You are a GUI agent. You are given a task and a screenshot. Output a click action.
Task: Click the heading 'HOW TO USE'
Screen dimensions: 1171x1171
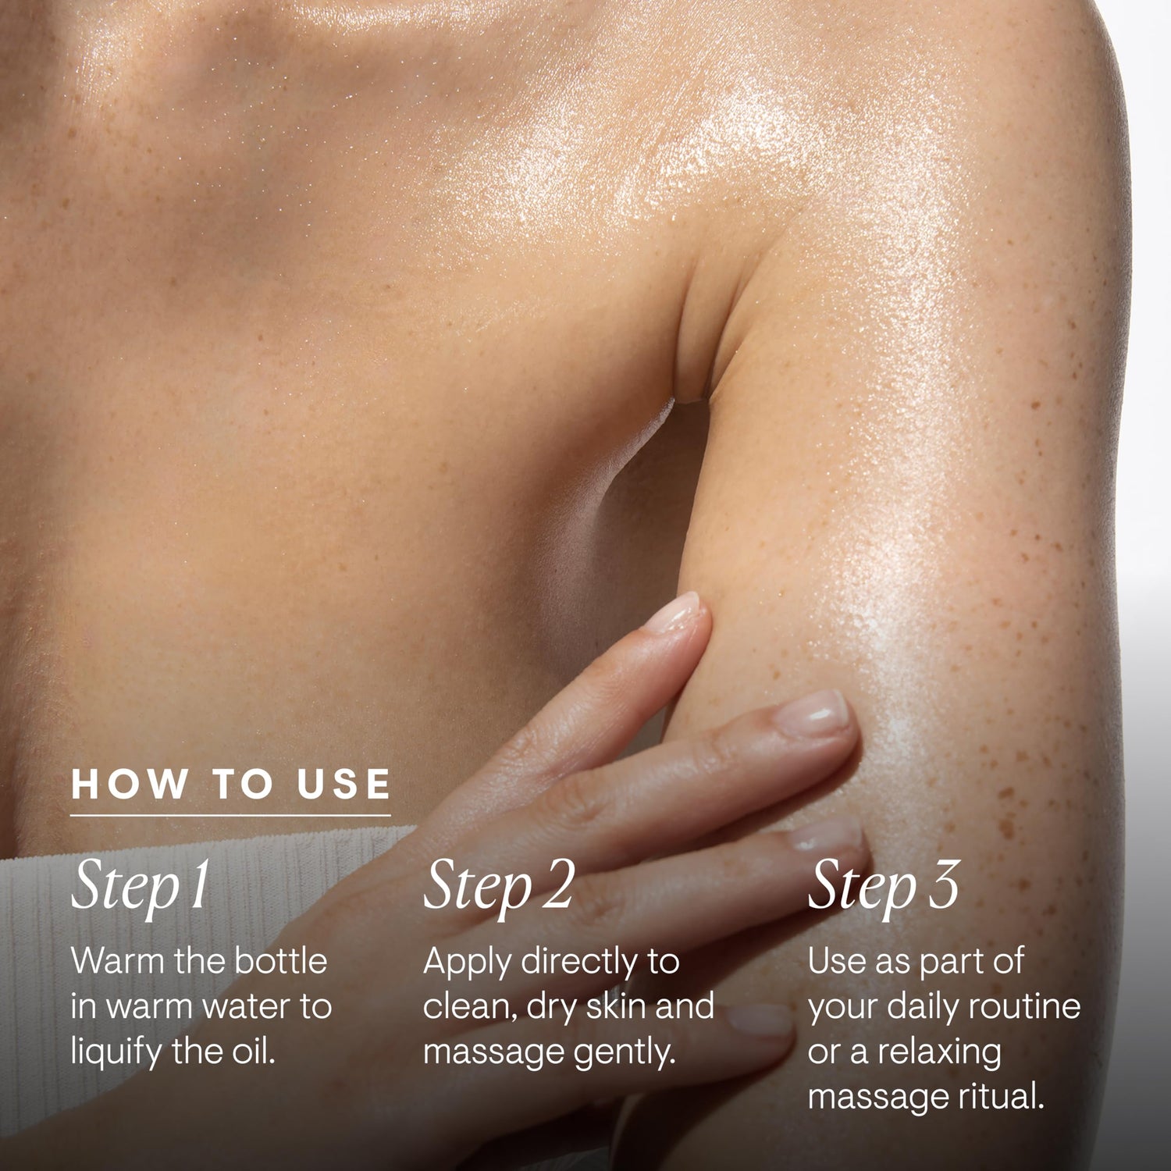231,784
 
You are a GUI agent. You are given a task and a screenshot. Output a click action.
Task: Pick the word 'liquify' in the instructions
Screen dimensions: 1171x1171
114,1054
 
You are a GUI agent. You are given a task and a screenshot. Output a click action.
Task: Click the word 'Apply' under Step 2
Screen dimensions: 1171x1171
467,963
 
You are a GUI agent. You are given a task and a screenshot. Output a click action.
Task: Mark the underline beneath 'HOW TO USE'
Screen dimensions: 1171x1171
231,816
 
